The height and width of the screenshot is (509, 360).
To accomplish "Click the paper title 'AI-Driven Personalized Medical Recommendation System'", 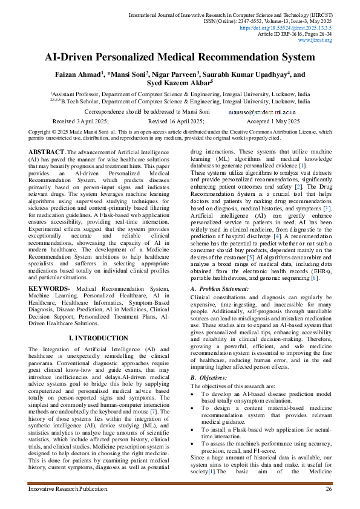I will (180, 59).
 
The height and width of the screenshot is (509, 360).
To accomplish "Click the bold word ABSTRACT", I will (47, 151).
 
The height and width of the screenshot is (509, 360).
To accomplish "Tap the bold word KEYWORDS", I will (48, 290).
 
